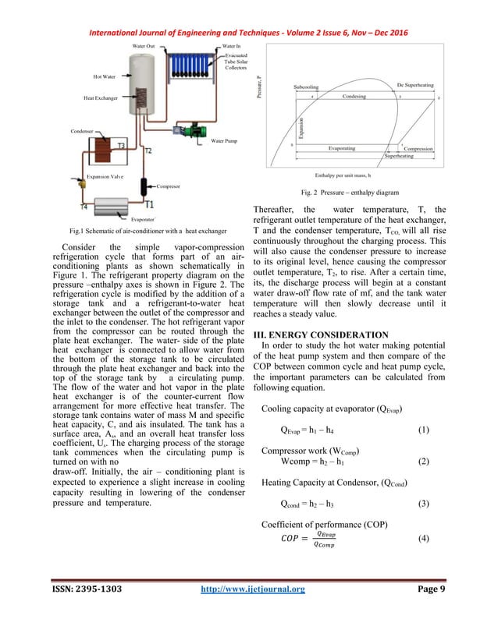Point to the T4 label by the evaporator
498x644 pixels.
click(83, 207)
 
